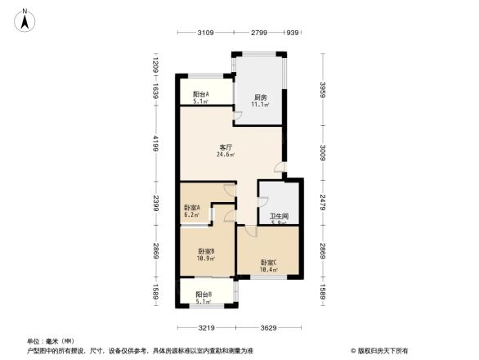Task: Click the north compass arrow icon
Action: pos(26,17)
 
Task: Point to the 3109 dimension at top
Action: pos(205,33)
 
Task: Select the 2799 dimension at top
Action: pos(259,33)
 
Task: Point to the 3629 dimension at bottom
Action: pos(269,329)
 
